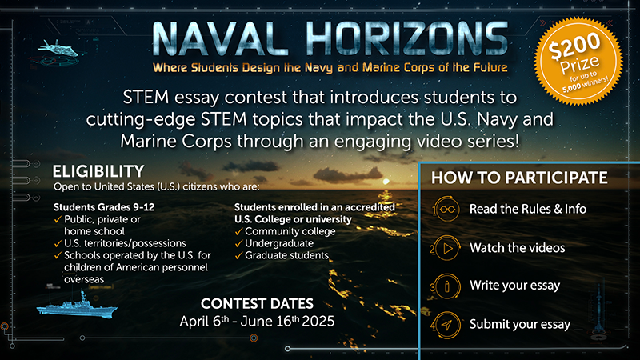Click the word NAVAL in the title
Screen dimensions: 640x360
tap(215, 39)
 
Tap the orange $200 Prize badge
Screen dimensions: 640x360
tap(578, 62)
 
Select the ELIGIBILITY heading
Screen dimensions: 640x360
tap(98, 171)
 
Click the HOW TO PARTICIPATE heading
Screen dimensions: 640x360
tap(519, 178)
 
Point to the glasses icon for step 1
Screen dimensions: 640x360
tap(447, 209)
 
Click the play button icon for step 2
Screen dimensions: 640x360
tap(447, 248)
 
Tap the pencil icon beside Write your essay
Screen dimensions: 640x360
tap(447, 286)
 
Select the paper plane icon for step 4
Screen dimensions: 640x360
tap(447, 325)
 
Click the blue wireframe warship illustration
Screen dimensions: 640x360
tap(77, 305)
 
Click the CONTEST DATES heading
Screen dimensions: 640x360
tap(257, 304)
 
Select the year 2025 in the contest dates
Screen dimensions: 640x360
tap(318, 322)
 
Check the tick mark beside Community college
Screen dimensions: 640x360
tap(238, 232)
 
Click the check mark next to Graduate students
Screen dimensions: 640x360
tap(238, 256)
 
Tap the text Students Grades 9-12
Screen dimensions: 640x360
tap(104, 207)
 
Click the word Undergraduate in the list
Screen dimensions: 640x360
tap(279, 244)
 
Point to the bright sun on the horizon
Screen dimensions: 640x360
tap(386, 182)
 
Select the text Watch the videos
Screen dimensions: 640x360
tap(517, 248)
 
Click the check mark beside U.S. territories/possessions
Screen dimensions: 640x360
tap(58, 244)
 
